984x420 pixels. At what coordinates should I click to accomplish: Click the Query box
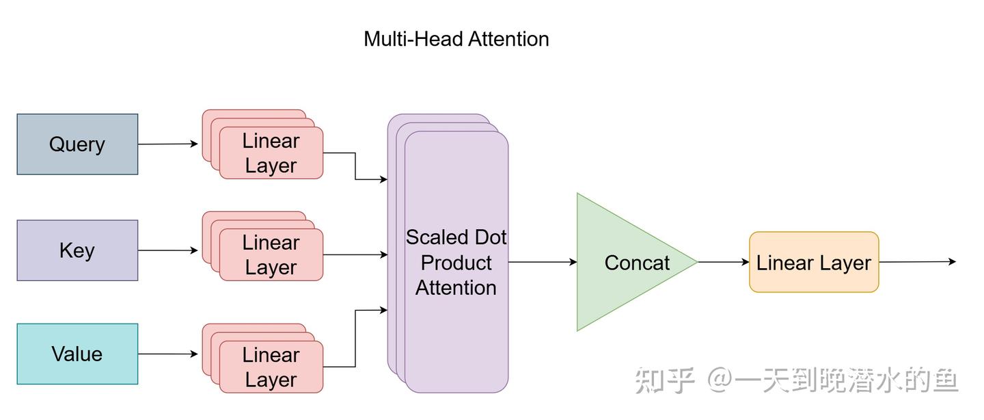coord(77,144)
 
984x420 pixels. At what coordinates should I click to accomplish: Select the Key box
coord(77,250)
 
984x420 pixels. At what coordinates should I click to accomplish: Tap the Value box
coord(77,354)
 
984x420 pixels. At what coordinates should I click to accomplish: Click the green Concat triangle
coord(625,262)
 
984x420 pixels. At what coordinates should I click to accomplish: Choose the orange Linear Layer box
coord(813,262)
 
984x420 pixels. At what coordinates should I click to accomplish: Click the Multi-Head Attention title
coord(456,39)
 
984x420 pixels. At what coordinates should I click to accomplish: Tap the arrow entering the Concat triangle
coord(543,262)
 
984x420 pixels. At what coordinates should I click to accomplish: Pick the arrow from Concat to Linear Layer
coord(723,262)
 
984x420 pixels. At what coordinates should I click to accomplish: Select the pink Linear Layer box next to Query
coord(271,153)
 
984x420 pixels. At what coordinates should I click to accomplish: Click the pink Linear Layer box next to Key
coord(271,255)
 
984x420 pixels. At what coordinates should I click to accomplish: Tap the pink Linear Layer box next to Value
coord(271,367)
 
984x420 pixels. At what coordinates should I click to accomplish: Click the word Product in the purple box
coord(456,263)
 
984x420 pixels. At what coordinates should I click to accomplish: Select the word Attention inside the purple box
coord(456,287)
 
